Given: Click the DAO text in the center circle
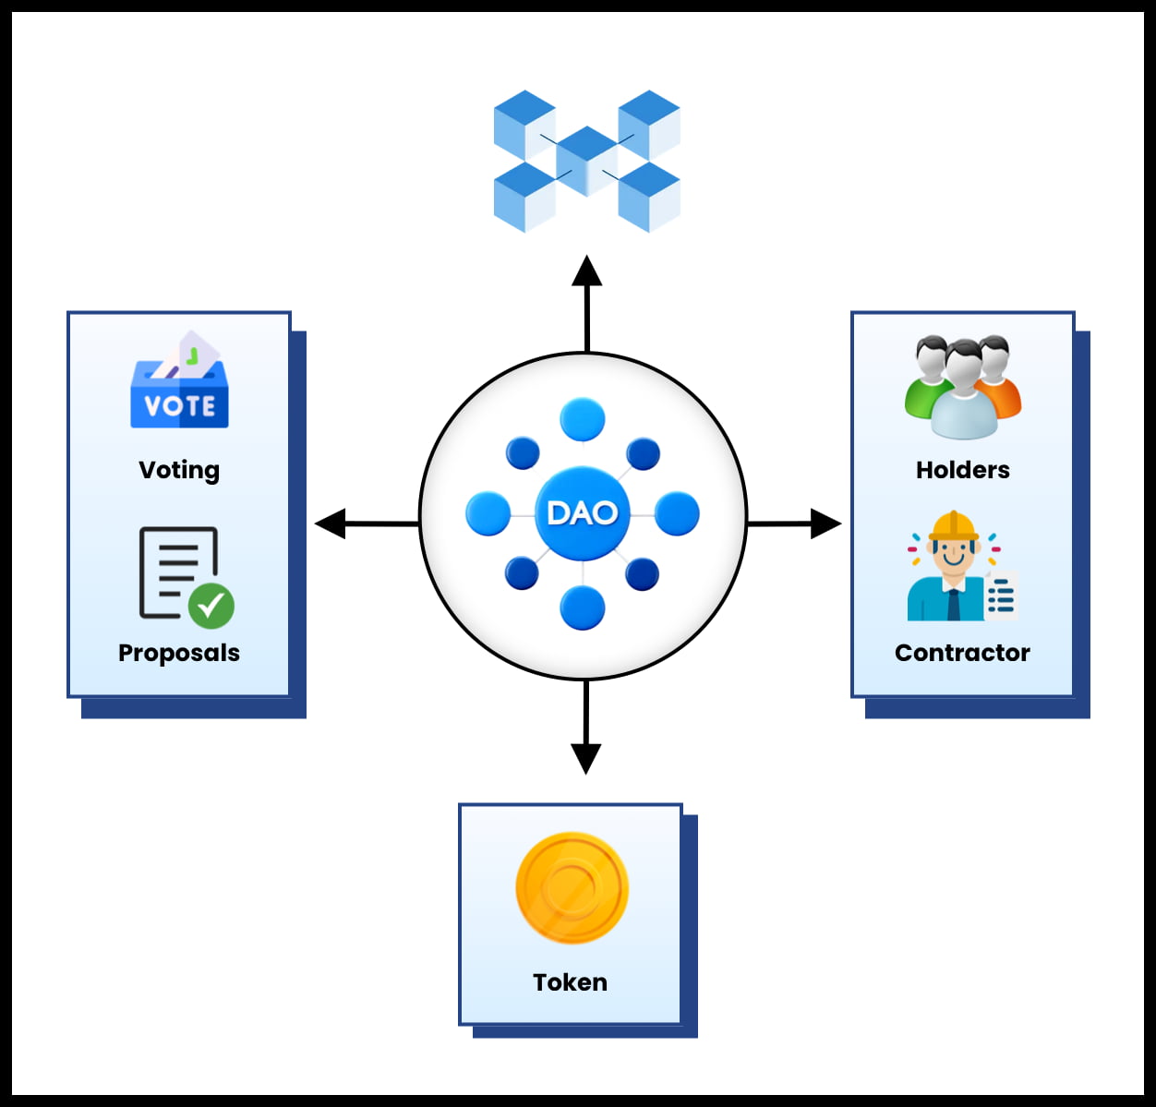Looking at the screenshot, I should click(x=582, y=512).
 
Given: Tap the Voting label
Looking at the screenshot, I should click(x=179, y=470).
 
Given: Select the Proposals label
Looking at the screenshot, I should click(x=179, y=653).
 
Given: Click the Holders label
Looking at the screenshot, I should click(x=962, y=470).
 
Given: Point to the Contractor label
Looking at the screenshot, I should click(x=962, y=653).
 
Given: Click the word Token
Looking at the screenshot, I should click(x=570, y=982).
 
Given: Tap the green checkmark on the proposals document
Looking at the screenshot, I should click(x=211, y=606).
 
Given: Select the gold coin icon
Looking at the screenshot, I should click(x=572, y=888).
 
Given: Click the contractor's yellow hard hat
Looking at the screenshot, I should click(x=954, y=526).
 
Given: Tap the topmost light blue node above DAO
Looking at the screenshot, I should click(x=583, y=420).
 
